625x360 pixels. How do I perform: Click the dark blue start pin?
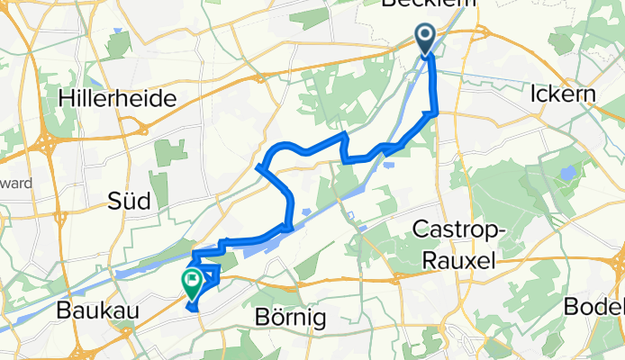pyautogui.click(x=425, y=38)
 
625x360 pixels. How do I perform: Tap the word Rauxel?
pyautogui.click(x=457, y=259)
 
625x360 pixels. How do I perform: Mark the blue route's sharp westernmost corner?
pyautogui.click(x=258, y=167)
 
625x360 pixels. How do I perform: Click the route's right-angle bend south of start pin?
pyautogui.click(x=435, y=112)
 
